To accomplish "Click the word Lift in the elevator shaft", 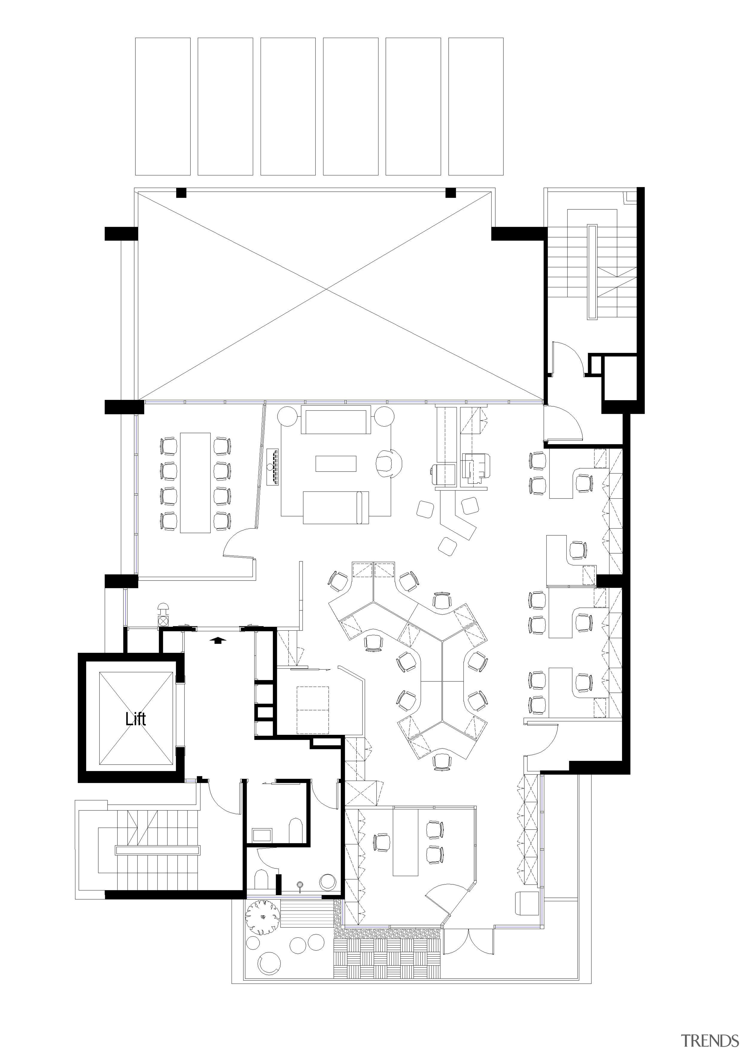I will tap(135, 719).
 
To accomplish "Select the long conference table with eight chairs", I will tap(195, 483).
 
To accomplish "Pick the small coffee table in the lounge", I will tap(336, 463).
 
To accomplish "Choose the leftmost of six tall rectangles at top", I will tap(163, 106).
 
